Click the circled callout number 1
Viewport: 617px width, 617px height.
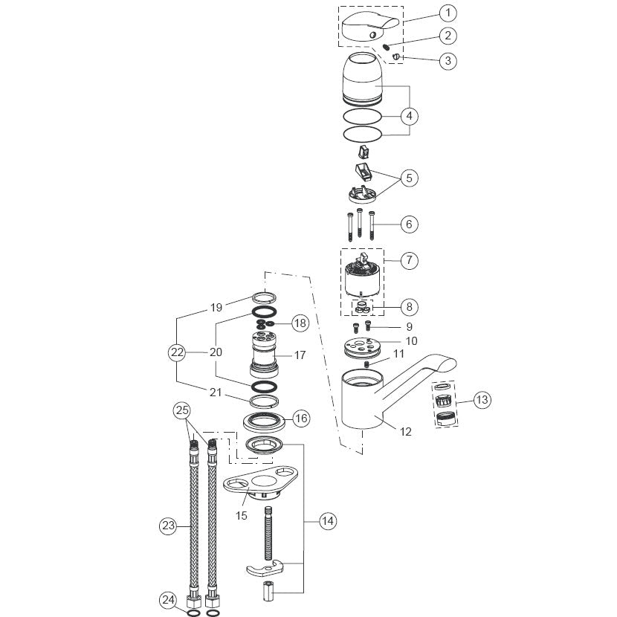point(448,13)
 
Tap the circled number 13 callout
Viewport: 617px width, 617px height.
point(482,400)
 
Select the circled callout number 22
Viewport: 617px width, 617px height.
point(177,352)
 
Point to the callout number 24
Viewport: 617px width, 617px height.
point(168,600)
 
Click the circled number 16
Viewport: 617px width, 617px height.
point(301,418)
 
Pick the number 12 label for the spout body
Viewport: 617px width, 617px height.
point(405,432)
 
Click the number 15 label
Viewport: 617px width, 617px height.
point(241,515)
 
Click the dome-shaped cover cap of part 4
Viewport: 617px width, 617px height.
point(363,79)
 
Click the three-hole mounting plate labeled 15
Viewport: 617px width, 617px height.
point(260,482)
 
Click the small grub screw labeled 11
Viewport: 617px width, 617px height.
point(366,364)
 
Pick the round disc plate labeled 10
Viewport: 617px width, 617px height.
point(362,346)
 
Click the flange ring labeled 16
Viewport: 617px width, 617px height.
point(265,421)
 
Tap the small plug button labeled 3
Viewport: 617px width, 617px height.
point(396,57)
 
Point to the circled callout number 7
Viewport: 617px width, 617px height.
point(410,260)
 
